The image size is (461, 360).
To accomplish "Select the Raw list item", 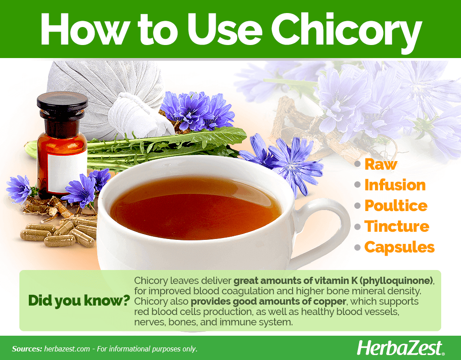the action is point(381,164).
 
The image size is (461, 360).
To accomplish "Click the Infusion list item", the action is point(395,185).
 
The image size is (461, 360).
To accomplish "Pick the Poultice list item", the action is point(396,205).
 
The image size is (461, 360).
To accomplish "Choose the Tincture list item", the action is point(397,226).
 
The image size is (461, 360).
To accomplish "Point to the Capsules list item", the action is point(399,247).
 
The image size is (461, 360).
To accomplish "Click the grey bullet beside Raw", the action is point(357,164).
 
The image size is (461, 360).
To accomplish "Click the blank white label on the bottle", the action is point(67,172).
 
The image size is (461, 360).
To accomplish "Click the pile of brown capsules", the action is point(59,232).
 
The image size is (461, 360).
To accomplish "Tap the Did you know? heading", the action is point(79,300).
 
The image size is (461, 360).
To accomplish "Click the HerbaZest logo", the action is point(400,348).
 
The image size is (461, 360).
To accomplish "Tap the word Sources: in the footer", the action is point(27,349).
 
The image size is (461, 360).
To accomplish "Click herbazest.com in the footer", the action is point(67,349).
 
